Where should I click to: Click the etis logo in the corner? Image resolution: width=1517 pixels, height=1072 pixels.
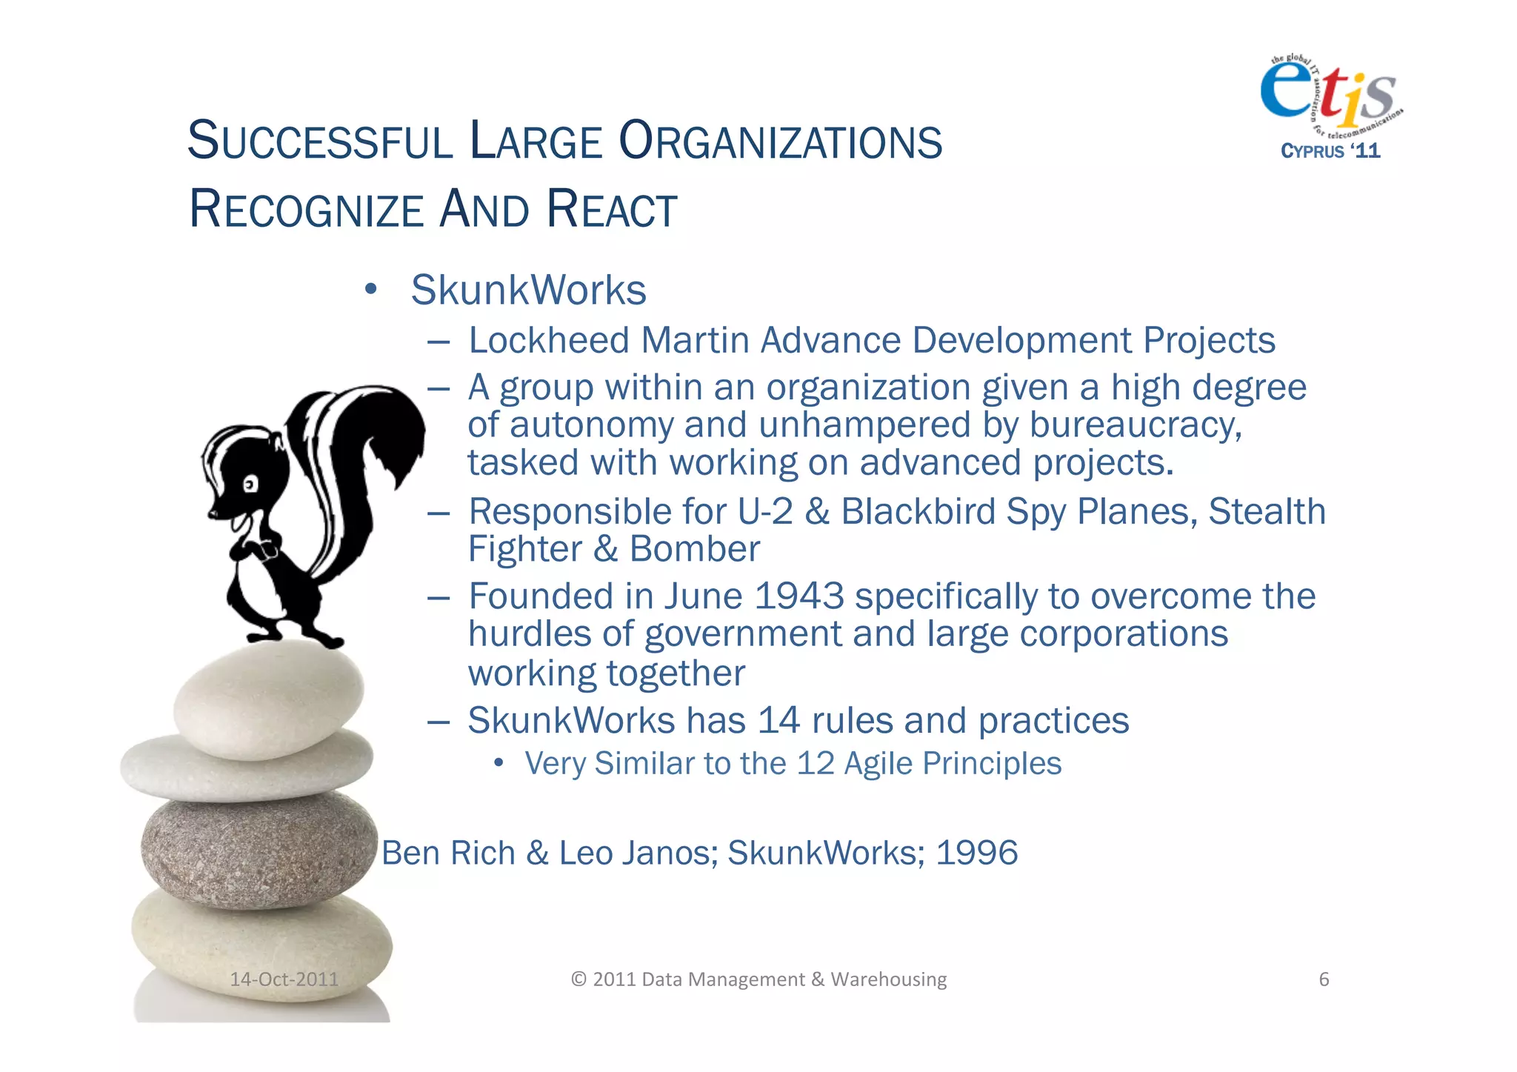pos(1329,93)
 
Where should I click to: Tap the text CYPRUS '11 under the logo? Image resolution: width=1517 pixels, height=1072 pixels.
pos(1330,151)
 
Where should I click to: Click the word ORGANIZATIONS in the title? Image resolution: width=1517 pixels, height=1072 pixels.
pos(780,142)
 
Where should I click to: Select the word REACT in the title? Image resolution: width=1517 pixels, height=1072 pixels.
pos(612,210)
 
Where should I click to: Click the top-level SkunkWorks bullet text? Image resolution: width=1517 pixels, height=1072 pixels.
pos(528,290)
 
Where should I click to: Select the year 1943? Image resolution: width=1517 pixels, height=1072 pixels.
pos(798,596)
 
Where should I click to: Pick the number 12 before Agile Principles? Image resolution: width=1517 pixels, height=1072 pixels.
pos(815,764)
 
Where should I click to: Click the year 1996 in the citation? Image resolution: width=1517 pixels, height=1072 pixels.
pos(976,853)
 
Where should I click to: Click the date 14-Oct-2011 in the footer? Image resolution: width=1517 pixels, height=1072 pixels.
pos(284,979)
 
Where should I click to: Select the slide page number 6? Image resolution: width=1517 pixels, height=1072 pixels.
pos(1324,979)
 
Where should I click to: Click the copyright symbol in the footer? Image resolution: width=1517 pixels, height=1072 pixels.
pos(579,979)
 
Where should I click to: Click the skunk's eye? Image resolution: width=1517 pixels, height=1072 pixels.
pos(250,485)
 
